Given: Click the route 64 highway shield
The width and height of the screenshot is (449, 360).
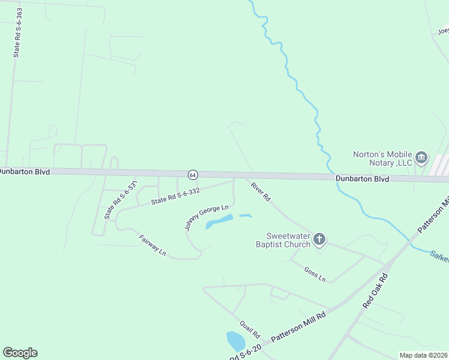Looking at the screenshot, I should coord(192,175).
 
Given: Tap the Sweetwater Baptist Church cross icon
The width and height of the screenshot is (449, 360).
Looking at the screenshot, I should coord(319,240).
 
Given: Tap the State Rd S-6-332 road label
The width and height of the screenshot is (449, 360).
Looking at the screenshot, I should coord(175,196).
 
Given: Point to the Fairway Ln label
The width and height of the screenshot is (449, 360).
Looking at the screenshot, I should coord(152,245).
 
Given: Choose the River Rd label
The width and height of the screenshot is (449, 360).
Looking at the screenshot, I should coord(261,191).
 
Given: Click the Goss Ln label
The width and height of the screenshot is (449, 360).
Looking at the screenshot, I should coord(315,274).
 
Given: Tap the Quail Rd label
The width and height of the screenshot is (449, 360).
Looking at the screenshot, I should coord(249,329).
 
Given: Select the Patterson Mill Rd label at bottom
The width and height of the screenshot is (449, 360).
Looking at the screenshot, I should coord(298,327).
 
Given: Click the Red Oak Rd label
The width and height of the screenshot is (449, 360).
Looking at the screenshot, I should coord(376,292).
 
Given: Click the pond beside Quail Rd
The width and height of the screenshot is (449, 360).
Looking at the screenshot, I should coord(235,341).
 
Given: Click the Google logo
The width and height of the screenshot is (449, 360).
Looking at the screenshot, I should coord(20,353).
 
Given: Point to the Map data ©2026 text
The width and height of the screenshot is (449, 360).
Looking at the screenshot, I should coord(423,355).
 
